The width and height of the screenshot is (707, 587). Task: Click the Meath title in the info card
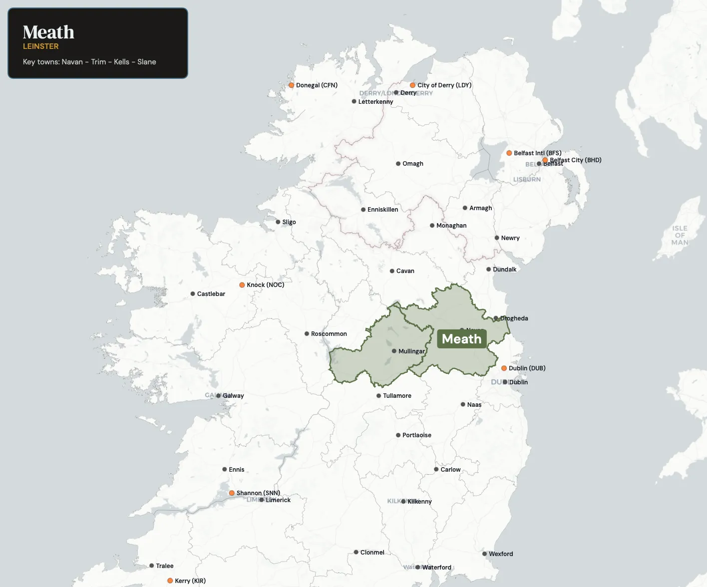[48, 32]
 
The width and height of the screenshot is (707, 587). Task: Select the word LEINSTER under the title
[41, 46]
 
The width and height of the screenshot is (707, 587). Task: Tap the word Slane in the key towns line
[147, 62]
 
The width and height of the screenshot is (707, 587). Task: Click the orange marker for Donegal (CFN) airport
[291, 85]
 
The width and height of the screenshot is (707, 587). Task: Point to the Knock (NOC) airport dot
[242, 285]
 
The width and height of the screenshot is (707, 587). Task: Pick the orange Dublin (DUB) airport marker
[504, 368]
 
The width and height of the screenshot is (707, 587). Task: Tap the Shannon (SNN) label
[258, 493]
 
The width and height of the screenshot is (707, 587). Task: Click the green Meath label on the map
[461, 339]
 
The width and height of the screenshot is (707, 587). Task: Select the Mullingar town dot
[394, 351]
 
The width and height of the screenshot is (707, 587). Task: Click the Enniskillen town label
[382, 210]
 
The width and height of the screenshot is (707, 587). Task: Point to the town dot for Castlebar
[193, 294]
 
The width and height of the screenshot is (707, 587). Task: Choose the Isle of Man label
[680, 235]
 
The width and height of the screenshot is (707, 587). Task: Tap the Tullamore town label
[397, 396]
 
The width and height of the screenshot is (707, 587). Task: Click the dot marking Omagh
[398, 164]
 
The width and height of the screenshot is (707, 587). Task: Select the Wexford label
[501, 554]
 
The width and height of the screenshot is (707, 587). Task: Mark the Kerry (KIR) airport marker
[170, 581]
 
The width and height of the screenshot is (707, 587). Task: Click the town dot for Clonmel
[356, 553]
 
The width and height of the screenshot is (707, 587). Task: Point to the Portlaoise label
[416, 435]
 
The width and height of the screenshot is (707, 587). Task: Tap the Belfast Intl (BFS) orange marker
[509, 153]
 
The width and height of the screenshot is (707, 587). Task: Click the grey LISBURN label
[527, 179]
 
